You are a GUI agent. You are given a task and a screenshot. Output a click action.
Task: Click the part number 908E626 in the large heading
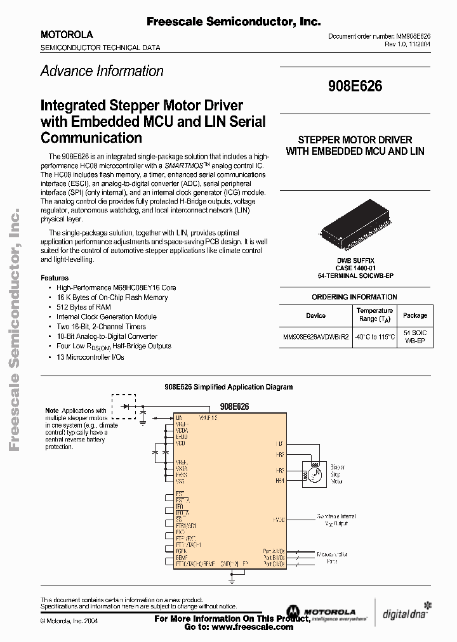[x=355, y=87]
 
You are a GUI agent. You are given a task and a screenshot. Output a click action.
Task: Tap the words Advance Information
[x=102, y=71]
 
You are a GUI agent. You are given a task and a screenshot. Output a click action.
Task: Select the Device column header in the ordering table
[x=315, y=315]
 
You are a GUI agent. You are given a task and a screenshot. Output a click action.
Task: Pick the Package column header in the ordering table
[x=415, y=315]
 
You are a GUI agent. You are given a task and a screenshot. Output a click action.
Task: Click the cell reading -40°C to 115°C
[x=374, y=336]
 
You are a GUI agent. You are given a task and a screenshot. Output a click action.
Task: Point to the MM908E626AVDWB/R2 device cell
[x=315, y=336]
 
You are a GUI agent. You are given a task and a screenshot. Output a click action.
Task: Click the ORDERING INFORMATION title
[x=354, y=297]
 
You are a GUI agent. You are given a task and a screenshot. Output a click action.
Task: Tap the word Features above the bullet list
[x=54, y=278]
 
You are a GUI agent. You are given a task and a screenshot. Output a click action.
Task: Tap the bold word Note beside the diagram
[x=52, y=411]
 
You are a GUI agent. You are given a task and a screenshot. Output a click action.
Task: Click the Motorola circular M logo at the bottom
[x=295, y=612]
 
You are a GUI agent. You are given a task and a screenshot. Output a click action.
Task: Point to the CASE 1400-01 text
[x=355, y=268]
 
